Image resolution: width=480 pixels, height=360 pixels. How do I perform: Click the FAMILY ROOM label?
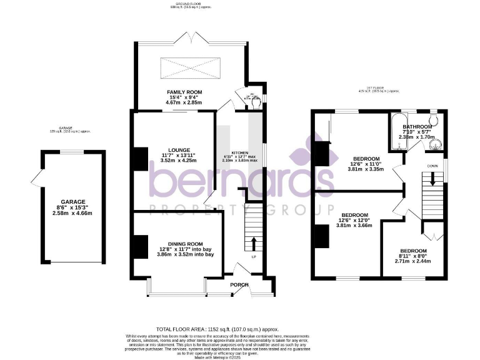tap(184, 92)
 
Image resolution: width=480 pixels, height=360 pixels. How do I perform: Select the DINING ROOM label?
tap(185, 244)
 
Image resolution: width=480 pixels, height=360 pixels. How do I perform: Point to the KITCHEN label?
tap(240, 153)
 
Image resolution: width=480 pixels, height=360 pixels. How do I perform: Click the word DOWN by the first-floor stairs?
tap(432, 166)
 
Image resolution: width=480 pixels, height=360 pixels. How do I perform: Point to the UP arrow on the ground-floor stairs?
tap(254, 242)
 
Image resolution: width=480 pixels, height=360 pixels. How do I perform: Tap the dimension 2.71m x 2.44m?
tap(414, 261)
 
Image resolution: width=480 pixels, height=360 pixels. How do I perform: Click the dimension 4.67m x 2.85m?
tap(184, 103)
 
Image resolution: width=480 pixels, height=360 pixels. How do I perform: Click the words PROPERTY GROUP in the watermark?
tap(241, 207)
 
